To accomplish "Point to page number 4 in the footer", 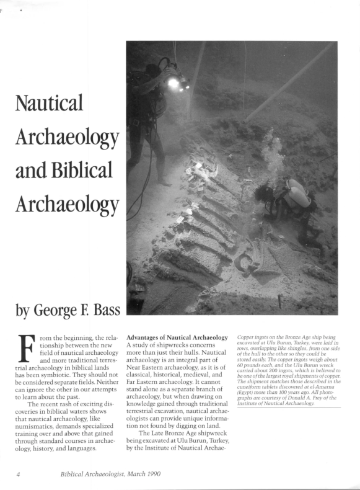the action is [x=19, y=473].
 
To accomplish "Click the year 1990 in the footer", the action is [x=151, y=473].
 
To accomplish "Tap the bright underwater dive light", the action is [x=173, y=82].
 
